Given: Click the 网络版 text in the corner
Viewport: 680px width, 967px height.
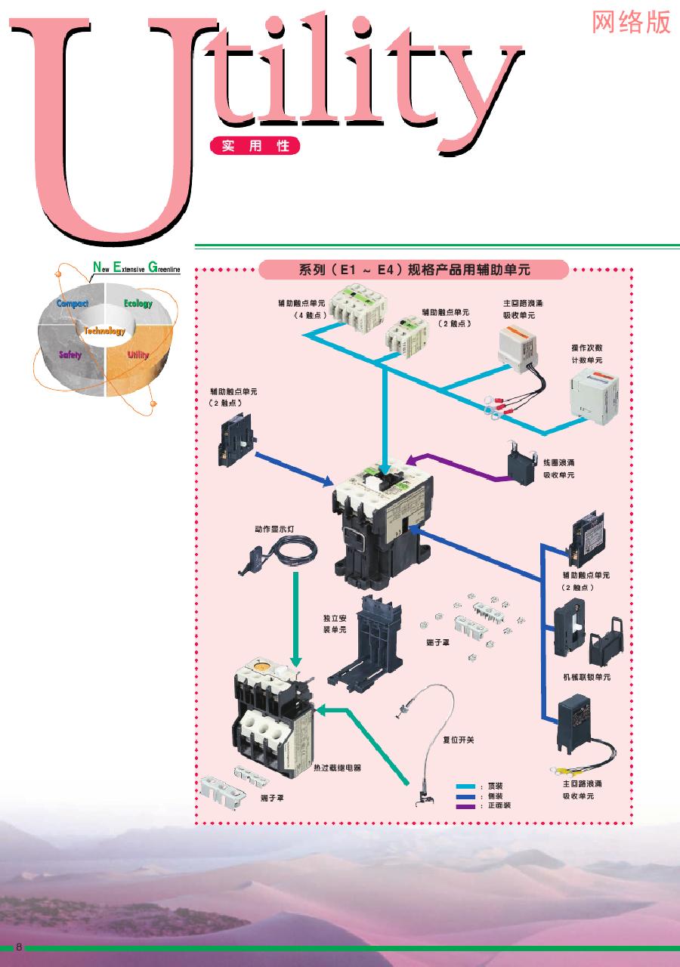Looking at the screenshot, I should coord(631,22).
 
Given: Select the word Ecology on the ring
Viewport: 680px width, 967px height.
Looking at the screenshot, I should coord(138,304).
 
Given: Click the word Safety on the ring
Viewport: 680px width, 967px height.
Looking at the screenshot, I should coord(70,354).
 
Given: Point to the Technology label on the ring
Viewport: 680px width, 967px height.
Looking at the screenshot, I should coord(104,331).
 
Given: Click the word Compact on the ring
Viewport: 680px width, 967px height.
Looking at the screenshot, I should coord(73,303).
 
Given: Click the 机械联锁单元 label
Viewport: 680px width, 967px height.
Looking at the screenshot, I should coord(587,677).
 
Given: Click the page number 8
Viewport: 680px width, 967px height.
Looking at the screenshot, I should coord(20,947).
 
